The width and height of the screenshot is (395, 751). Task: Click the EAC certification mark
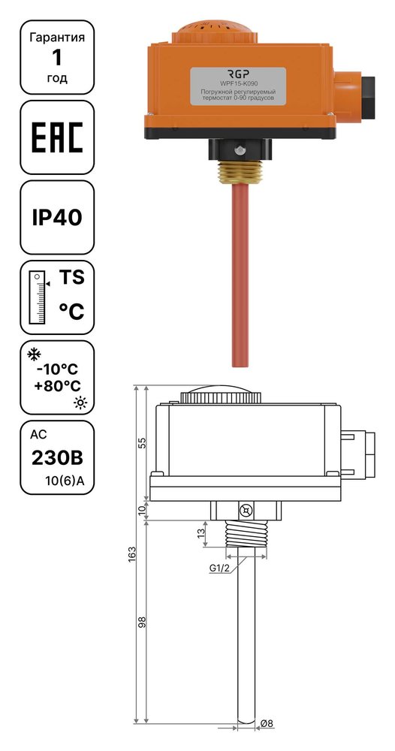[57, 137]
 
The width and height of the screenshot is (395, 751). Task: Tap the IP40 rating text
[57, 218]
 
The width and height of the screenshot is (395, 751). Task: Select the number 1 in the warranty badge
[57, 58]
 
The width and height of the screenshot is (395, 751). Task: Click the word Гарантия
[57, 38]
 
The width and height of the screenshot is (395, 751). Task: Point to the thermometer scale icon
[38, 297]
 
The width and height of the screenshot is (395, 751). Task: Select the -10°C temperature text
[57, 369]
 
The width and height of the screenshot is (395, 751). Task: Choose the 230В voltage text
[57, 458]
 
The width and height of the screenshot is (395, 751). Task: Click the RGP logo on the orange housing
[238, 74]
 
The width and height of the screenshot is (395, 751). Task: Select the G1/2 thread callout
[220, 568]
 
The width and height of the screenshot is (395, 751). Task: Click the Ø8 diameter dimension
[267, 724]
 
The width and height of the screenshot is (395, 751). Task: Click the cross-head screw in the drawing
[246, 511]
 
